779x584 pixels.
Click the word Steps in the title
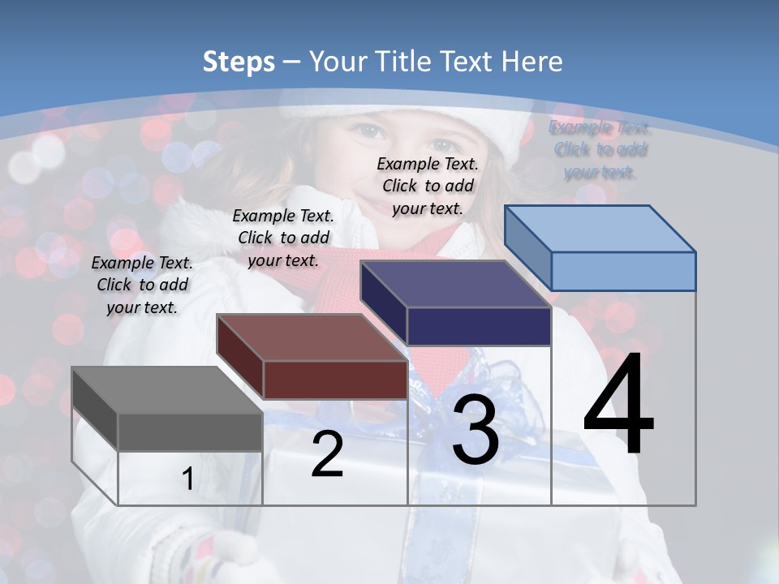coord(238,62)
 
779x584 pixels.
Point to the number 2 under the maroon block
coord(327,454)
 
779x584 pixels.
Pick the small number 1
coord(187,479)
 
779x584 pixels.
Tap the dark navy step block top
coord(455,284)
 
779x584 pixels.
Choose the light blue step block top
coord(600,229)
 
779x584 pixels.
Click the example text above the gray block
coord(142,285)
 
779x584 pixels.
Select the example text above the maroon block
coord(283,238)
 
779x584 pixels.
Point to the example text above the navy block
coord(428,186)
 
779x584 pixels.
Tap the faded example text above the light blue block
coord(600,149)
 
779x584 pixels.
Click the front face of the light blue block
coord(623,271)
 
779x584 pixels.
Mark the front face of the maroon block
coord(335,380)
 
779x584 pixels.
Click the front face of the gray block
coord(190,432)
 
